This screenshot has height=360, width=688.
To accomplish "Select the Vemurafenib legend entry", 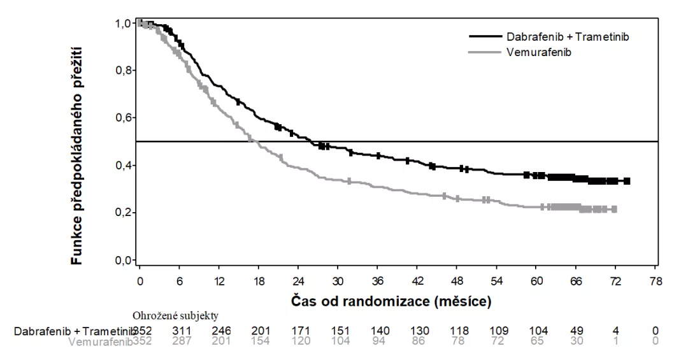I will [540, 52].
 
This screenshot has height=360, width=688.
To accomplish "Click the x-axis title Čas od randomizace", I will [391, 299].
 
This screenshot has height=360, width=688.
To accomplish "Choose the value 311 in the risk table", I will [180, 331].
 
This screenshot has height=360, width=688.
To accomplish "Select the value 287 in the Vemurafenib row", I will [180, 342].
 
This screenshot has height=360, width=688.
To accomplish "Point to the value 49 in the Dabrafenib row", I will [577, 331].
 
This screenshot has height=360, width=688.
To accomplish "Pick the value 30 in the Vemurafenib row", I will [577, 342].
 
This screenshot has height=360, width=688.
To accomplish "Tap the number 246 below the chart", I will [220, 331].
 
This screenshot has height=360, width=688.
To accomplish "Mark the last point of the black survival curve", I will [627, 181].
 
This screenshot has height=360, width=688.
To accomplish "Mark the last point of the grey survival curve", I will [615, 209].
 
